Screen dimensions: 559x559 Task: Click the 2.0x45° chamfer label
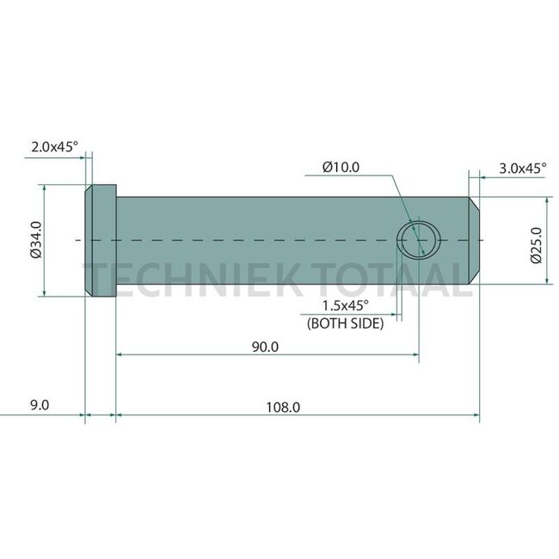click(54, 146)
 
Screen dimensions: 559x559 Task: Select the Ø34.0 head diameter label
click(36, 240)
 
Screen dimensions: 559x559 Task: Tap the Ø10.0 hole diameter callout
click(341, 167)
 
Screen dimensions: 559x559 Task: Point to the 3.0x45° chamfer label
click(522, 169)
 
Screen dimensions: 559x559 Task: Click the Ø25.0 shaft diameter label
click(536, 245)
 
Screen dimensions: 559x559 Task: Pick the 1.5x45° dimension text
click(346, 305)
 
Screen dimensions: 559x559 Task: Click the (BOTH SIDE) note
click(346, 323)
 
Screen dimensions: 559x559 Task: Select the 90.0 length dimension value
click(265, 347)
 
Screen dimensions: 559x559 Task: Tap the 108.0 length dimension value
click(283, 407)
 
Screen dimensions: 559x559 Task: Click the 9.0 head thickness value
click(40, 405)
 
